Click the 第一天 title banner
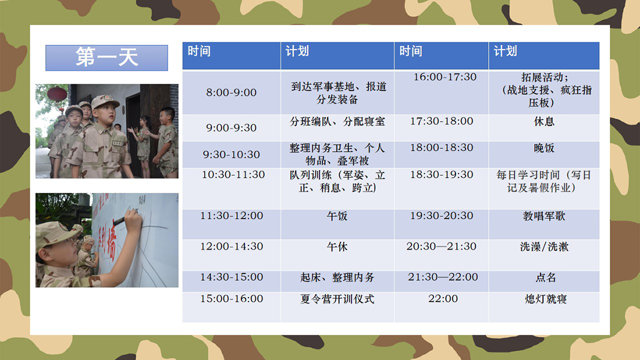(106, 58)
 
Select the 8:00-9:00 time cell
(231, 92)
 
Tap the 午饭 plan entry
(337, 216)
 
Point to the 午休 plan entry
(337, 247)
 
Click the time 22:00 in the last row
(443, 299)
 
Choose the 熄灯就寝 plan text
(546, 299)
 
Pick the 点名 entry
(546, 277)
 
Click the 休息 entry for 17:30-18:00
(544, 121)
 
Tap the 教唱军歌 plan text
(544, 216)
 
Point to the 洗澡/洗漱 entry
(544, 247)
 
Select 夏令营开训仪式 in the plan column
(337, 299)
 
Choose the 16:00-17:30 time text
(445, 77)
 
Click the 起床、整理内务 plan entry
(337, 277)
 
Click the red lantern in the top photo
(57, 94)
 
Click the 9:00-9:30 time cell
(231, 128)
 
